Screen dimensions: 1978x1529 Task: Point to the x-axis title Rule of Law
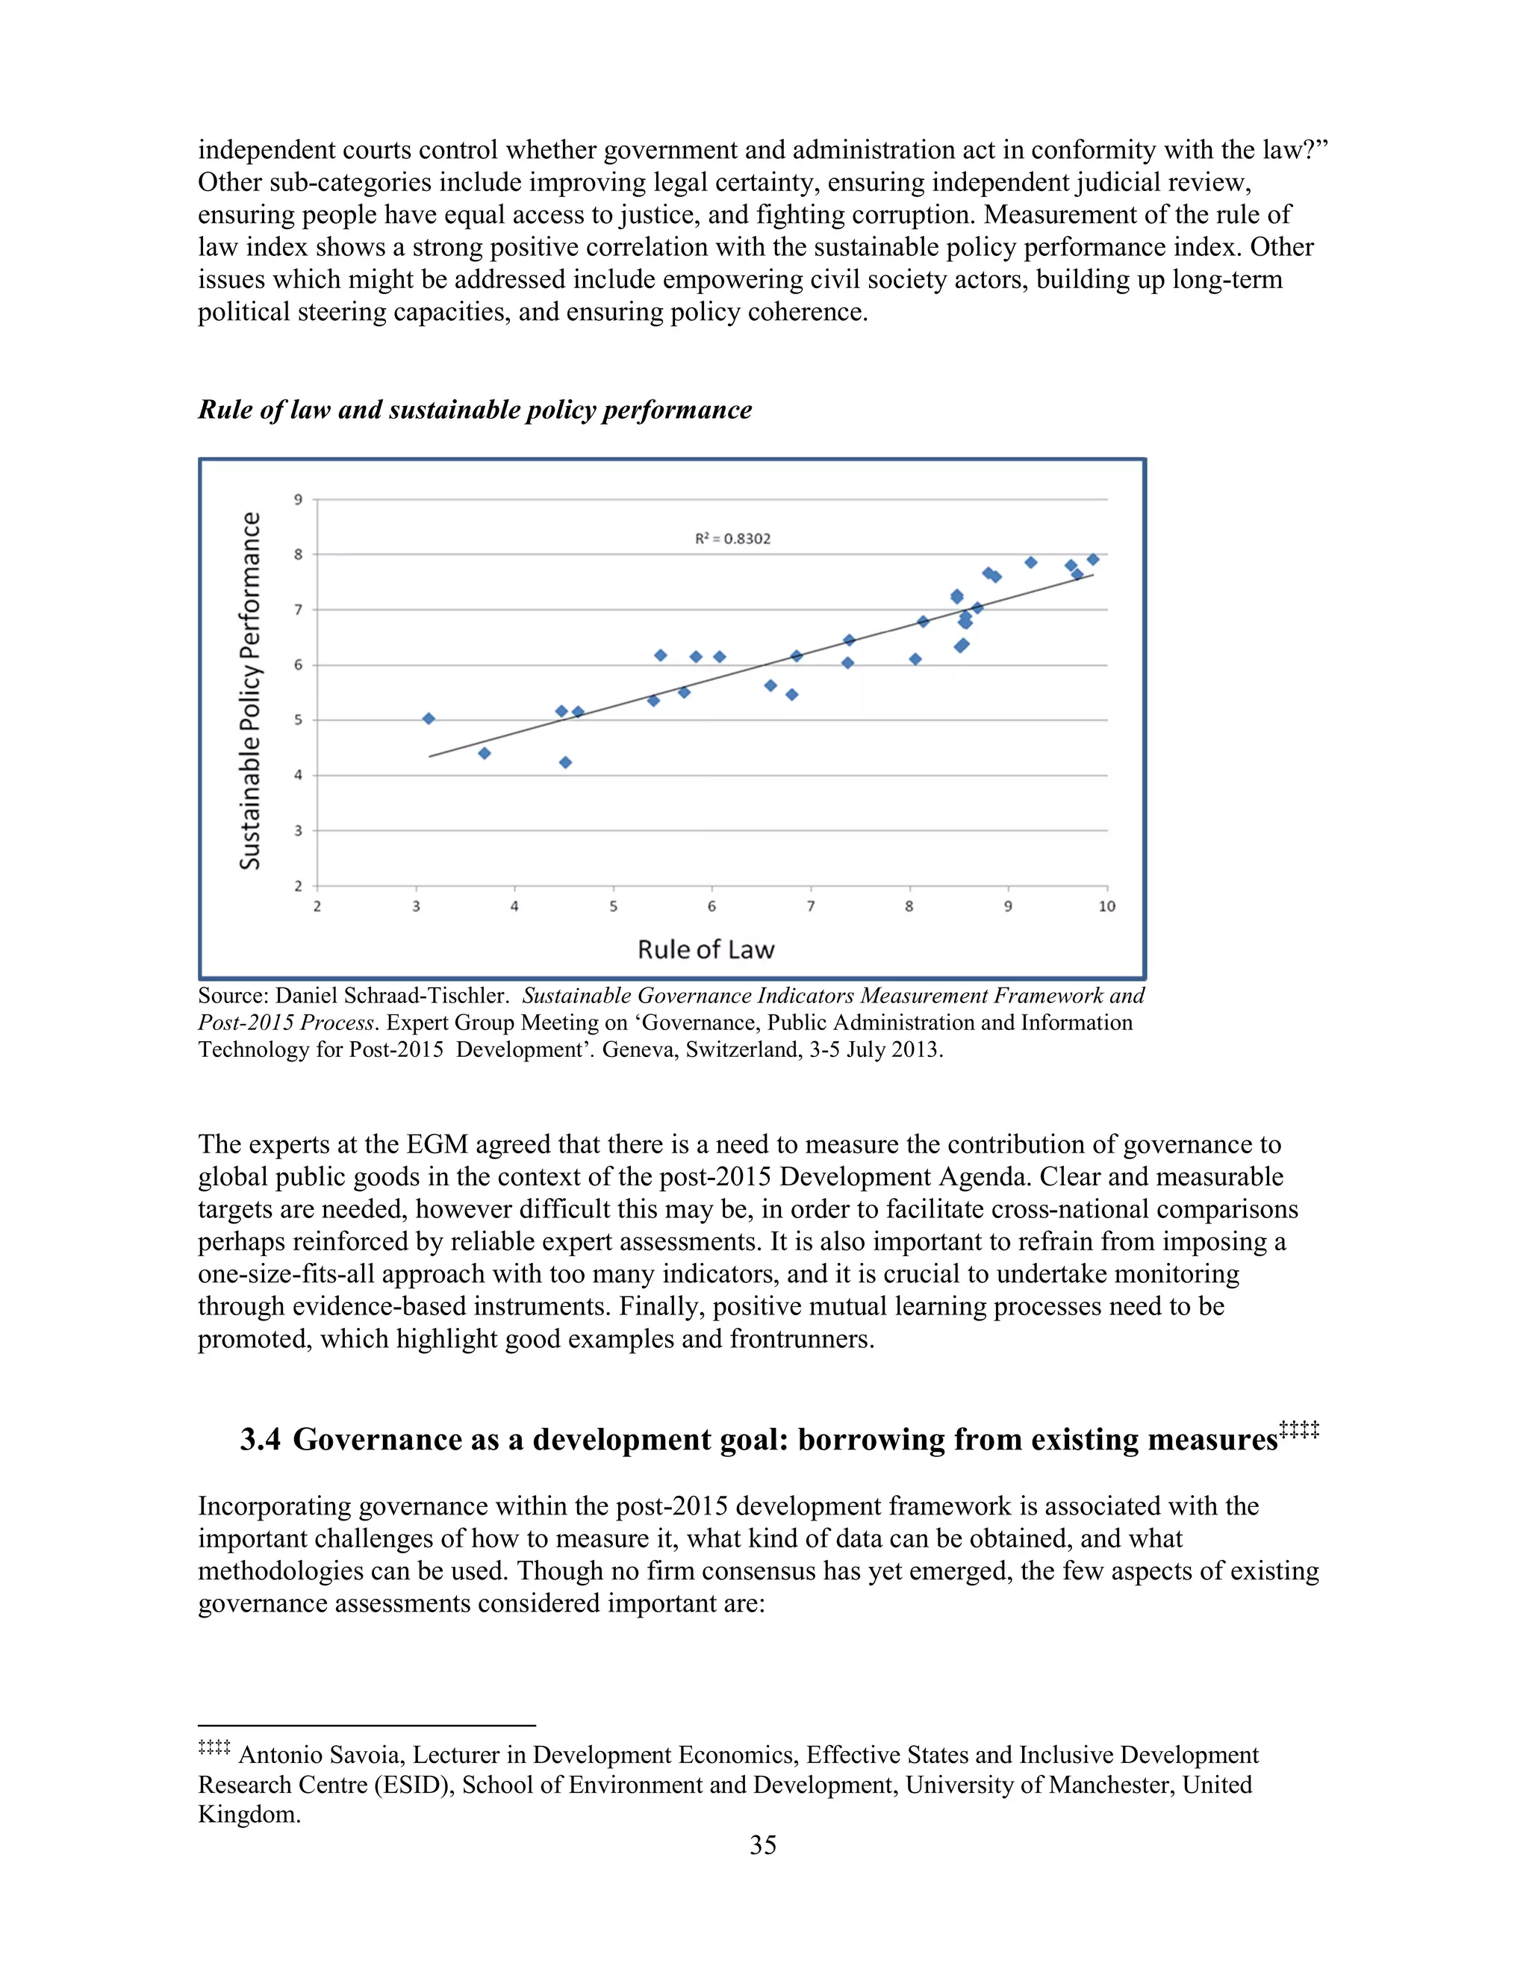pyautogui.click(x=706, y=949)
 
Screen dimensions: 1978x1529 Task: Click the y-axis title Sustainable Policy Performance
pyautogui.click(x=250, y=690)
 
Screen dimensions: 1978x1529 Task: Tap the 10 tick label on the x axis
pyautogui.click(x=1107, y=907)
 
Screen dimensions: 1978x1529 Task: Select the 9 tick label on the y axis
pyautogui.click(x=298, y=499)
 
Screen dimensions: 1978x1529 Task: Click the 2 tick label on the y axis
pyautogui.click(x=298, y=886)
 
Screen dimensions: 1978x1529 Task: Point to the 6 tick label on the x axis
pyautogui.click(x=712, y=907)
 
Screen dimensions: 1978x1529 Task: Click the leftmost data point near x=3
pyautogui.click(x=429, y=718)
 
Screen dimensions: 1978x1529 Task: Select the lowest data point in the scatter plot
pyautogui.click(x=565, y=763)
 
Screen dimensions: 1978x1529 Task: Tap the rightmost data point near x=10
pyautogui.click(x=1092, y=559)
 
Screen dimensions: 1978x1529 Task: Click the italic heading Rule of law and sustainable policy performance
pyautogui.click(x=475, y=411)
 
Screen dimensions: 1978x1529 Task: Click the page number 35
pyautogui.click(x=763, y=1845)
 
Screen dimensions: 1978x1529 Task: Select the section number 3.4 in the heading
pyautogui.click(x=260, y=1440)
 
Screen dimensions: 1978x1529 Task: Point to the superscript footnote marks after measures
pyautogui.click(x=1299, y=1430)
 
